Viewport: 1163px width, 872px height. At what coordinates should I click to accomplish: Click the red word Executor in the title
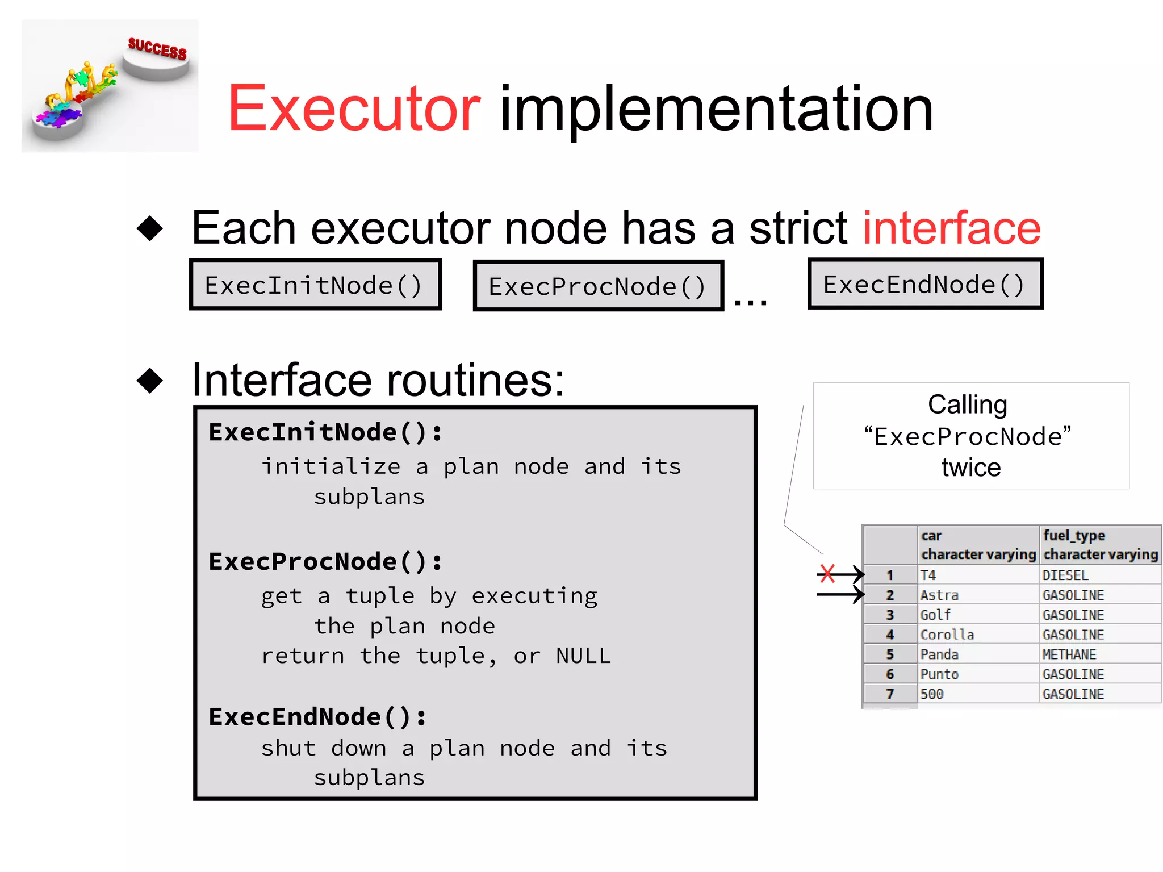[x=354, y=109]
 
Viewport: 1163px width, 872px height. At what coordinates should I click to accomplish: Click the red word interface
[x=952, y=228]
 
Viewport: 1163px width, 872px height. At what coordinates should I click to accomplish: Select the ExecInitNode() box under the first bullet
[x=315, y=285]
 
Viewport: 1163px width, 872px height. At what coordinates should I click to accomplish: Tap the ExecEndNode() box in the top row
[x=925, y=284]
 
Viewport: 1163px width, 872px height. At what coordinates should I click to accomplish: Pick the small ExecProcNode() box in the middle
[x=598, y=286]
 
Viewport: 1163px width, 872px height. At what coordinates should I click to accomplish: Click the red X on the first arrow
[x=827, y=574]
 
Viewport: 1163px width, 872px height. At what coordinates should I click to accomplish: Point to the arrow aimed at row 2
[x=840, y=595]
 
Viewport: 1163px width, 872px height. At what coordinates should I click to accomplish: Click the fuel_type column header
[x=1099, y=544]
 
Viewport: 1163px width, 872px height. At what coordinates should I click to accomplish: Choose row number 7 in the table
[x=890, y=694]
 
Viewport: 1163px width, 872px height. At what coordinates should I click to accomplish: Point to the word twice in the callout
[x=970, y=468]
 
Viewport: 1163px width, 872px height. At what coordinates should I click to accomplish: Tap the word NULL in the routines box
[x=583, y=656]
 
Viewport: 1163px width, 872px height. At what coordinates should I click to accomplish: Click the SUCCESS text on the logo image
[x=157, y=49]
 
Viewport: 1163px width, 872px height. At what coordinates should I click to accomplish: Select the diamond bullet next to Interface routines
[x=150, y=380]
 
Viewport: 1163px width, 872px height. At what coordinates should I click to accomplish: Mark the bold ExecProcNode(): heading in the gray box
[x=325, y=562]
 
